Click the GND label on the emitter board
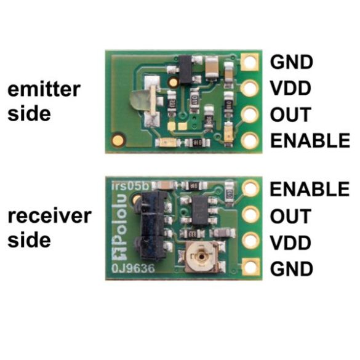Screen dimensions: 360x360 click(291, 62)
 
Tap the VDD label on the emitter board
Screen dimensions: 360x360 click(290, 88)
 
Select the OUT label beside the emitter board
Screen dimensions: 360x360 click(290, 114)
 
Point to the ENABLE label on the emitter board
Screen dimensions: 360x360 click(310, 140)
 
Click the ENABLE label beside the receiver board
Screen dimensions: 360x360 click(310, 189)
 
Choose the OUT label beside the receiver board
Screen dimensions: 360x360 click(290, 216)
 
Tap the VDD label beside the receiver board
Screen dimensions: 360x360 click(290, 242)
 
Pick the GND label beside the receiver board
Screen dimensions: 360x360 click(291, 269)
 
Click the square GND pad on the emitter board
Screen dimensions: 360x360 click(250, 62)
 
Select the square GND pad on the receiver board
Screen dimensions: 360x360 click(250, 267)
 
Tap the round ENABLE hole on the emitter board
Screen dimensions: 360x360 click(250, 140)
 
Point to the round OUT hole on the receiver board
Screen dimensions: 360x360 click(250, 215)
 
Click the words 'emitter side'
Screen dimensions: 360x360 click(44, 102)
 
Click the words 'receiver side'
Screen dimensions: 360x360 click(49, 228)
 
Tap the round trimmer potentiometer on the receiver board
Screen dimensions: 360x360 click(201, 256)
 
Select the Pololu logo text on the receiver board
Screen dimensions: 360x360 click(120, 227)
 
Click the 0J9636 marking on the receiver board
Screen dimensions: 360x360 click(133, 268)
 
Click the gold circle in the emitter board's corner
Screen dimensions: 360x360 click(118, 139)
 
